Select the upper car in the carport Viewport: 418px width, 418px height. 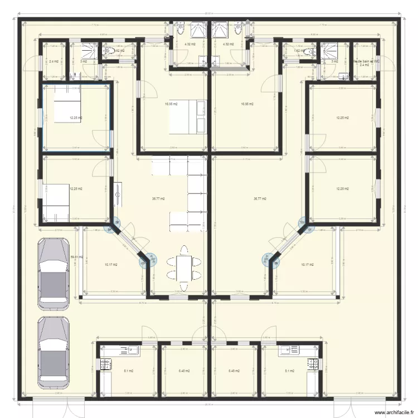(54, 273)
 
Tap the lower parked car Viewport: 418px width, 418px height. (54, 353)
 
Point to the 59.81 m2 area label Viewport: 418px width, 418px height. (76, 257)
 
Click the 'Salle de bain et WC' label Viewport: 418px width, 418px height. (366, 61)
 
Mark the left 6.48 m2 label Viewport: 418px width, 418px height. (184, 371)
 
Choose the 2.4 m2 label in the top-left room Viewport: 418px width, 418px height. (54, 61)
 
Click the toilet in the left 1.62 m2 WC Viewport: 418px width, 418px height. (111, 51)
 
